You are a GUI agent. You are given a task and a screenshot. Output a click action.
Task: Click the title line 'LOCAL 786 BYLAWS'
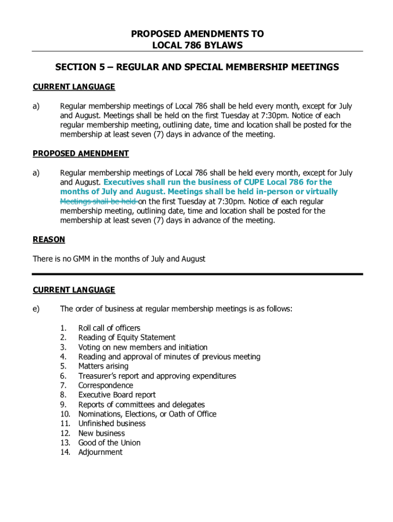point(197,45)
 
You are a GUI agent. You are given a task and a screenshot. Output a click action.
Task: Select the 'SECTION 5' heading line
point(197,67)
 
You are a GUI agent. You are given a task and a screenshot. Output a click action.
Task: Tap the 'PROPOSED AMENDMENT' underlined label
point(81,153)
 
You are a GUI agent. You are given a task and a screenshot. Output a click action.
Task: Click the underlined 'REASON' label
point(49,239)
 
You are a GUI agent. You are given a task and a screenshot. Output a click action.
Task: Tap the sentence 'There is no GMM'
point(119,258)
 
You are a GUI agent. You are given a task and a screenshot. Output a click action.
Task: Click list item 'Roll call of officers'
point(109,328)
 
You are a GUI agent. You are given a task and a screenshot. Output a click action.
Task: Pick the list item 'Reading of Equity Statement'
point(127,337)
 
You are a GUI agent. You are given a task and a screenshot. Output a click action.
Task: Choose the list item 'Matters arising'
point(103,366)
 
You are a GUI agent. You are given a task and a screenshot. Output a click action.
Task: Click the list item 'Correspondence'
point(106,385)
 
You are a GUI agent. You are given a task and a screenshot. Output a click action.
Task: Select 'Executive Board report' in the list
point(117,395)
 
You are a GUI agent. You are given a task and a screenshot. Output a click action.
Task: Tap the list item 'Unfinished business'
point(112,423)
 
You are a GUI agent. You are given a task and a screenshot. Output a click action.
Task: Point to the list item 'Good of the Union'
point(109,442)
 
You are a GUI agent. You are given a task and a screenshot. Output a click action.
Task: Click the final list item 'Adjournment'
point(101,452)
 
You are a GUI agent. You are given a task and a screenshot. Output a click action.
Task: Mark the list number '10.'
point(65,414)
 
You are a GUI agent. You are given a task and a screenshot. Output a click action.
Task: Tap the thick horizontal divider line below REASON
point(198,274)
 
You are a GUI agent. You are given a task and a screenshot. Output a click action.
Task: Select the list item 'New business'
point(102,433)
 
